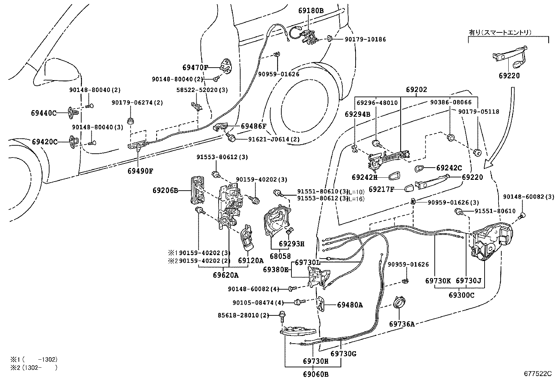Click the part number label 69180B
pos(311,11)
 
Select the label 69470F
pos(195,67)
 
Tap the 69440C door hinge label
pos(44,113)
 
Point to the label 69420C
pos(44,142)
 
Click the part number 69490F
pos(140,171)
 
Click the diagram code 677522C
pos(538,374)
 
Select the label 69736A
pos(402,324)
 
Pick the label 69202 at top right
pos(416,90)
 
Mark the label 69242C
pos(449,168)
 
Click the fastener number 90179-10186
pos(365,39)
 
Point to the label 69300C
pos(462,295)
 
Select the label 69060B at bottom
pos(315,375)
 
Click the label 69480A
pos(350,305)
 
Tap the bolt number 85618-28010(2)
pos(244,315)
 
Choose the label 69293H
pos(292,244)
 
